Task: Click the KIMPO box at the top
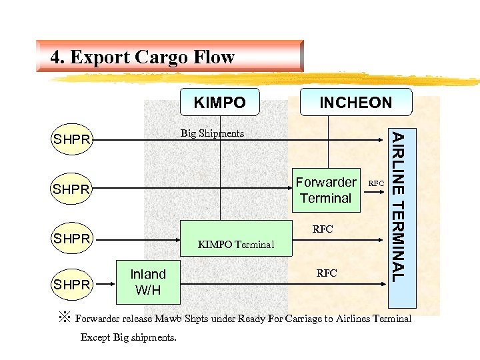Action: (x=219, y=103)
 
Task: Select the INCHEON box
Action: (x=356, y=103)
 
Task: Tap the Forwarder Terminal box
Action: (x=326, y=190)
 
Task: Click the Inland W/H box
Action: (x=147, y=282)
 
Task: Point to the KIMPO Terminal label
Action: (x=236, y=244)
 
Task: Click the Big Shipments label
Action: (x=212, y=133)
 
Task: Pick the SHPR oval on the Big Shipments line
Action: (x=72, y=140)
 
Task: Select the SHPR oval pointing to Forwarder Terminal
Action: (x=72, y=190)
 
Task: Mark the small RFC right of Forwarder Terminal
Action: (x=376, y=183)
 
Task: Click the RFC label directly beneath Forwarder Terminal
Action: (x=323, y=229)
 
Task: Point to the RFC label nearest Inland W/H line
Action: (x=327, y=273)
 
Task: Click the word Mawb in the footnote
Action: (x=172, y=319)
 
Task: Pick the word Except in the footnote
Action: (x=95, y=337)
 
